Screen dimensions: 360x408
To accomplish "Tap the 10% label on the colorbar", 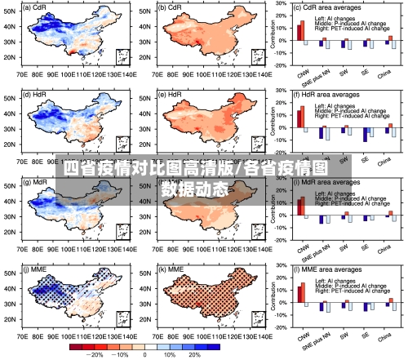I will coord(171,355).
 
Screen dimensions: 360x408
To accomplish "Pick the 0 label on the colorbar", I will coord(144,355).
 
